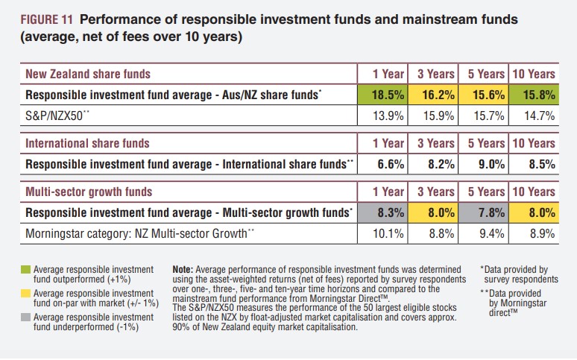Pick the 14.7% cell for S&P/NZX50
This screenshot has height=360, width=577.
[532, 116]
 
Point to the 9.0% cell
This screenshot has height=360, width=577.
[482, 164]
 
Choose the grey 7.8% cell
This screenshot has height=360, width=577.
[482, 212]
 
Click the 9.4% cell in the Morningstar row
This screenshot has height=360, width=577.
[482, 233]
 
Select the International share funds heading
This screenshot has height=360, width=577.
[87, 143]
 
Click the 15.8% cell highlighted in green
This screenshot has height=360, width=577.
[532, 95]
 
